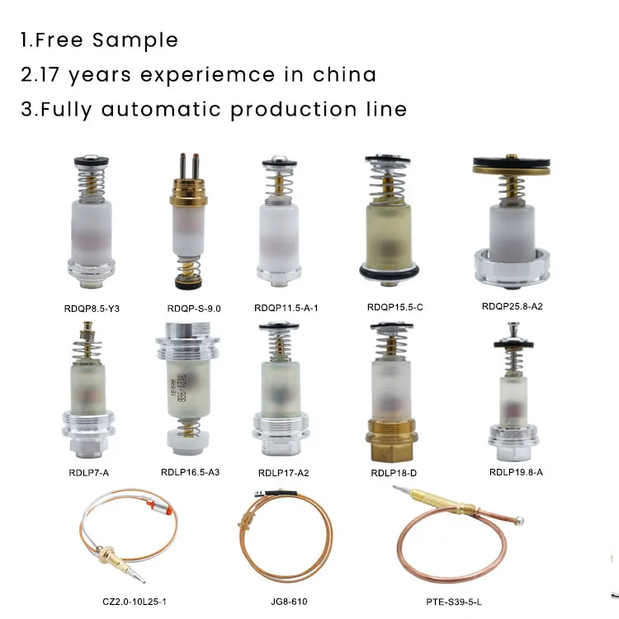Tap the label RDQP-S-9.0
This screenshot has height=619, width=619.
[194, 309]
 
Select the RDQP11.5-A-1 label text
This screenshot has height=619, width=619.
[286, 308]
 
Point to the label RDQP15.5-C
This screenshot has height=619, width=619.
[395, 308]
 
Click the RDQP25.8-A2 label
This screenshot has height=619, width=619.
[513, 306]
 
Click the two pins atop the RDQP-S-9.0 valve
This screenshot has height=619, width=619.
[187, 162]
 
